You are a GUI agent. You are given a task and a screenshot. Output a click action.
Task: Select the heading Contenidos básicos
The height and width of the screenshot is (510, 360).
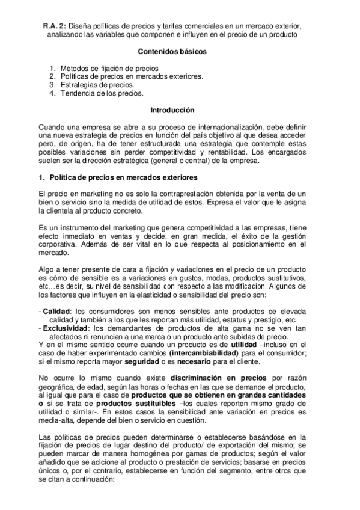172,52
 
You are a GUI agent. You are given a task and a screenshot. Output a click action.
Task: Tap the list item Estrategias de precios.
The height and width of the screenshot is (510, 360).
97,85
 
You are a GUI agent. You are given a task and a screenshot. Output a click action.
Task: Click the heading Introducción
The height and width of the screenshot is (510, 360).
172,111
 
